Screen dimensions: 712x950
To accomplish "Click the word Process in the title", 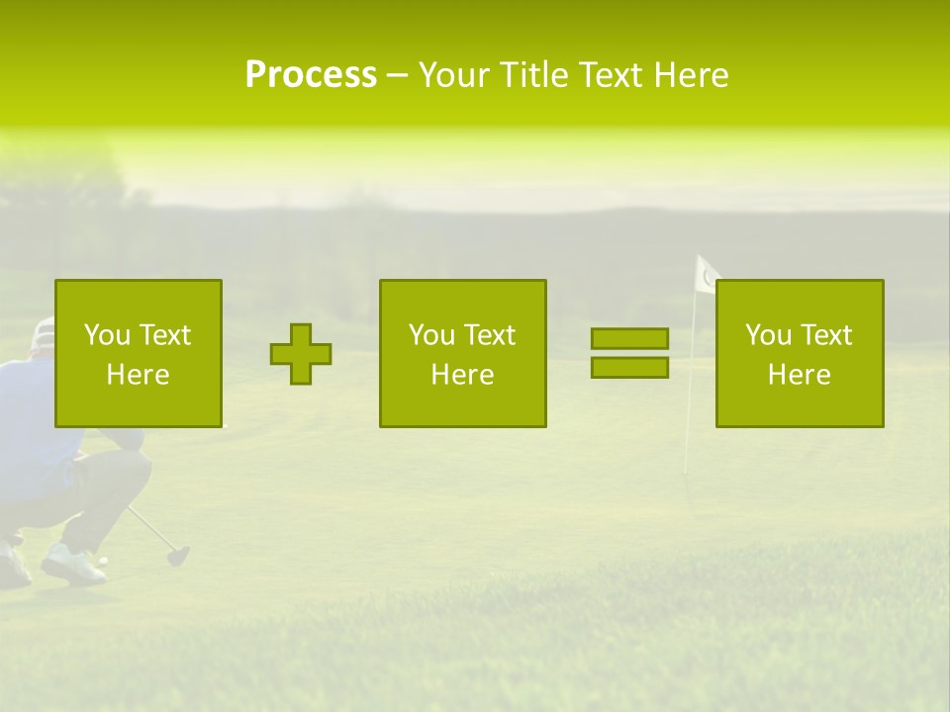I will pyautogui.click(x=311, y=75).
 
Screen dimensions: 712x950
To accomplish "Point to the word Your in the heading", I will pyautogui.click(x=454, y=75).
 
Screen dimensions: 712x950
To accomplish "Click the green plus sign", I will pyautogui.click(x=301, y=354).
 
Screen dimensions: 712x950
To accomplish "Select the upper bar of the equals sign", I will pyautogui.click(x=629, y=338).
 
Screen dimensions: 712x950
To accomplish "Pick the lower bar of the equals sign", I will pyautogui.click(x=629, y=367).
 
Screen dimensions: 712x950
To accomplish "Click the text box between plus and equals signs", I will pyautogui.click(x=462, y=353).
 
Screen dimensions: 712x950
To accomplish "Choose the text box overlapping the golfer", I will pyautogui.click(x=138, y=353).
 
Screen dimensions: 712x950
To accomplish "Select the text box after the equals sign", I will pyautogui.click(x=799, y=353).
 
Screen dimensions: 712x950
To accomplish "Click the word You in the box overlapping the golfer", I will pyautogui.click(x=106, y=335).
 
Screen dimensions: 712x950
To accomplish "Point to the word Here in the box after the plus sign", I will pyautogui.click(x=462, y=375).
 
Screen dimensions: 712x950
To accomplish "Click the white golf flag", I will pyautogui.click(x=707, y=274).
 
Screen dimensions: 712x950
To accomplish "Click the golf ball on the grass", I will pyautogui.click(x=103, y=561).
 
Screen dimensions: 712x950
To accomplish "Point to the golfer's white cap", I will pyautogui.click(x=43, y=333).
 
